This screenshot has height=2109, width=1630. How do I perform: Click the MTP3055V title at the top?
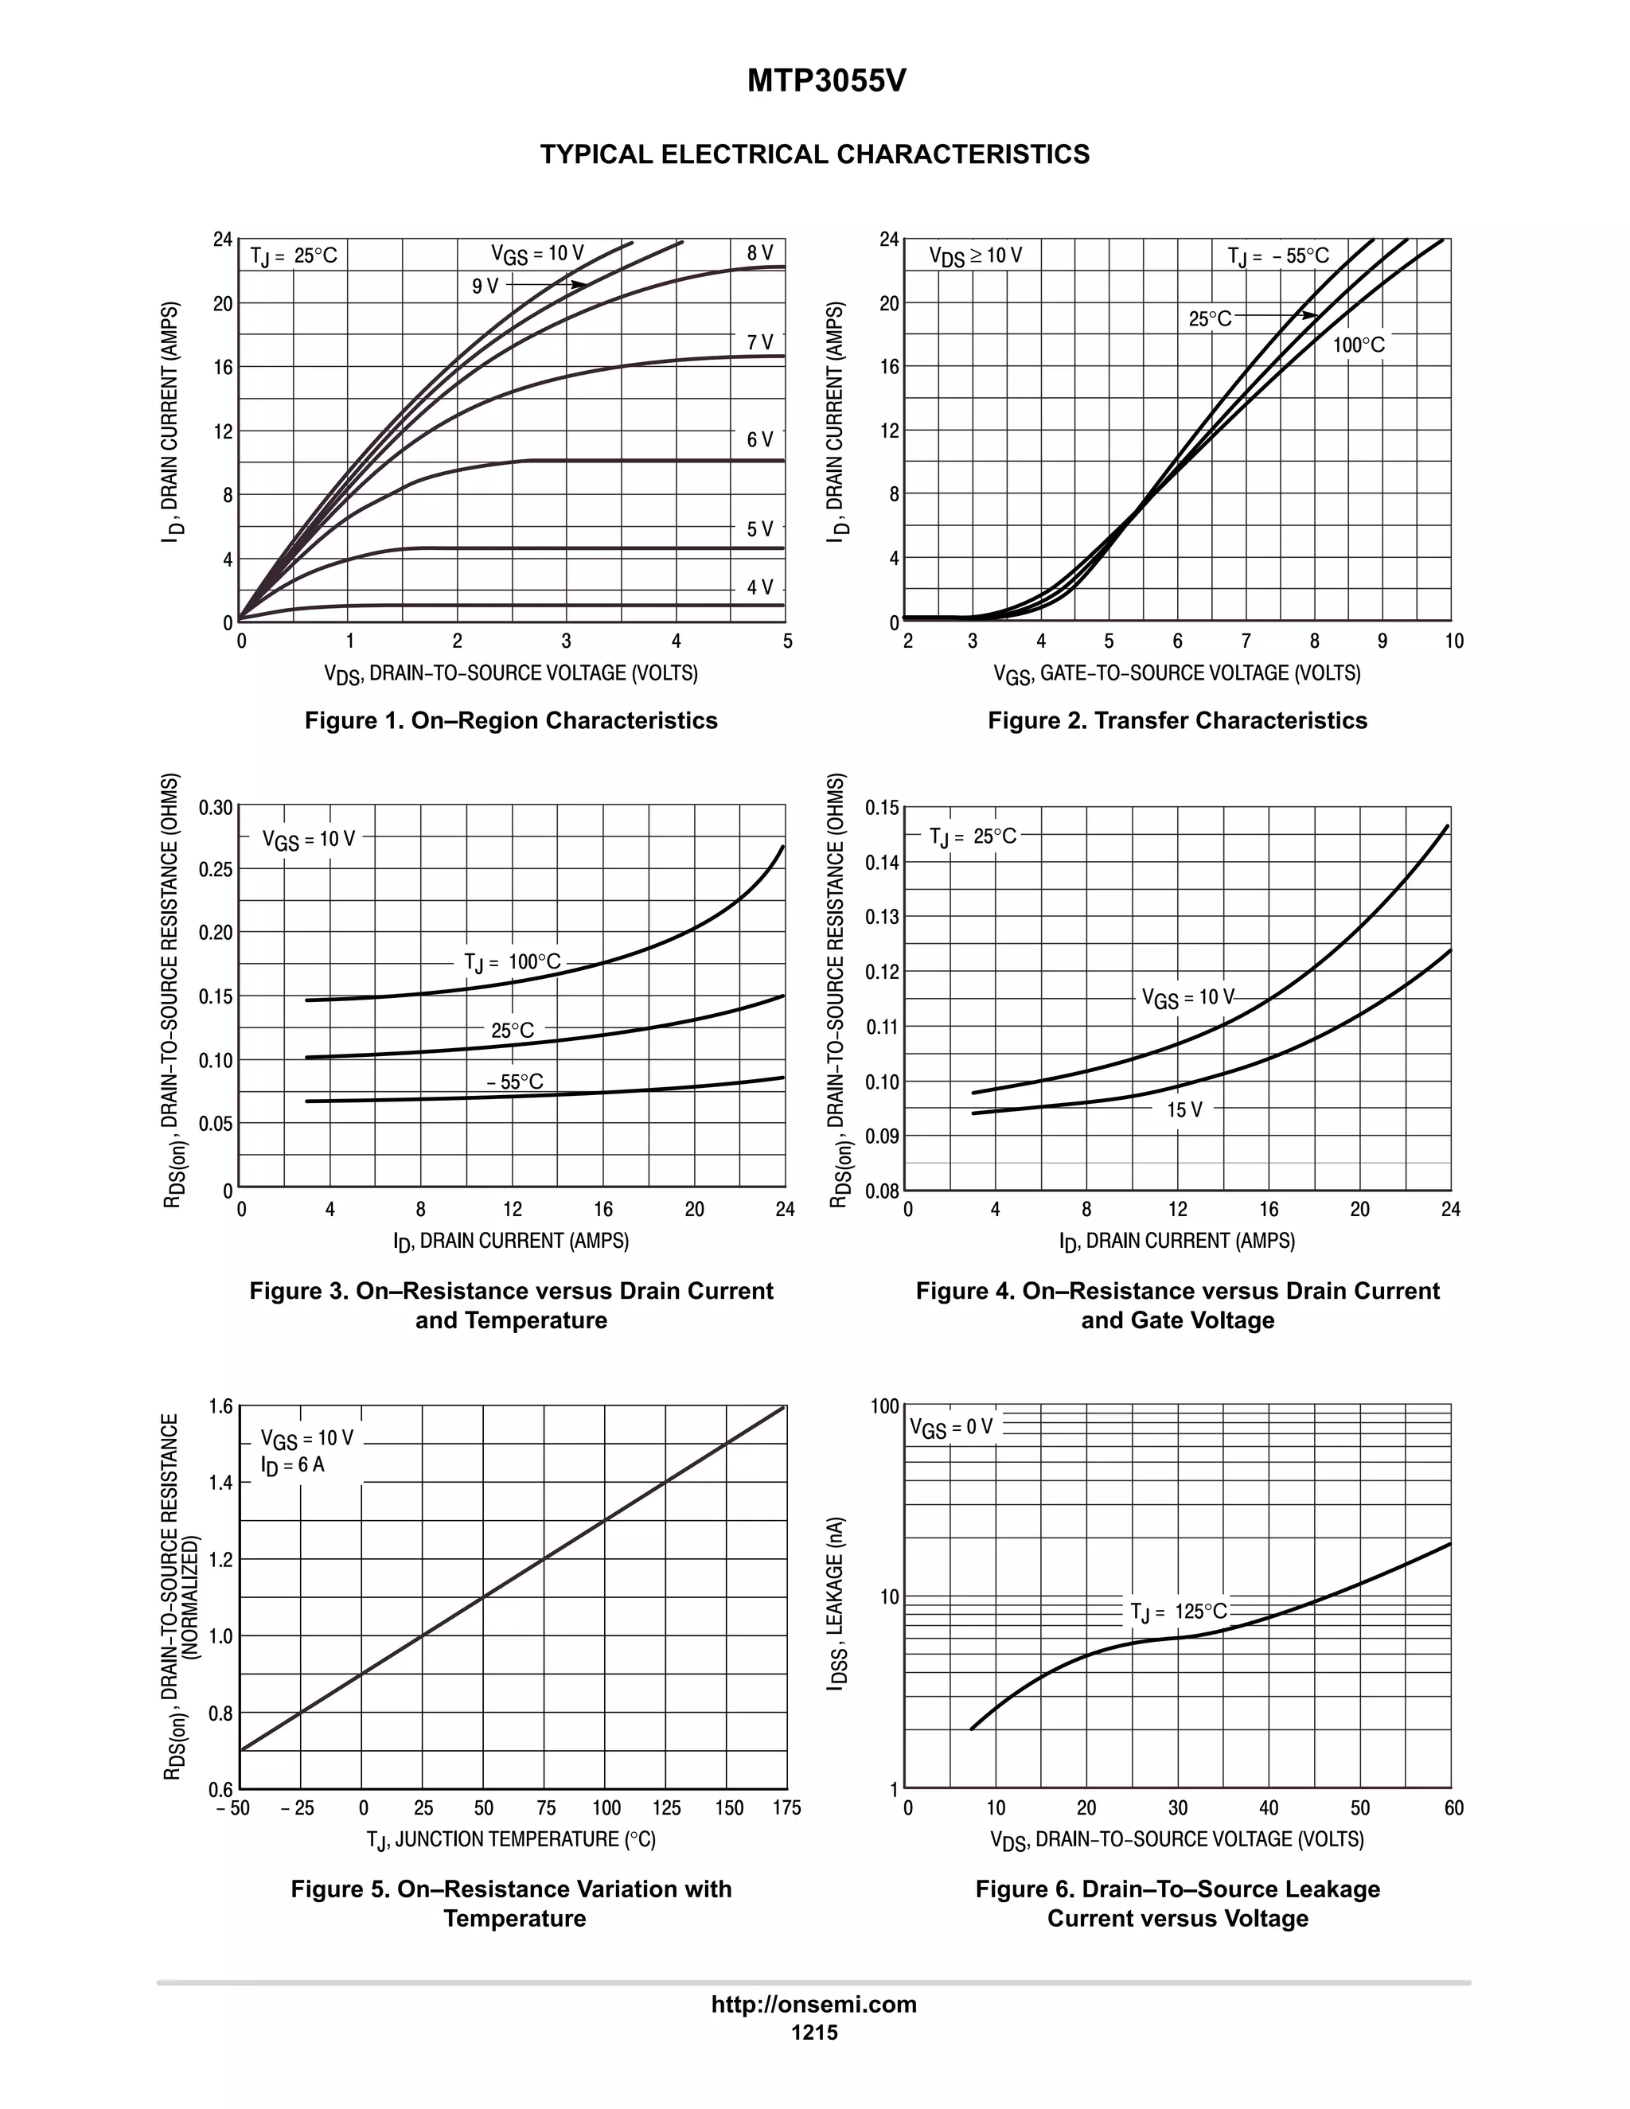pyautogui.click(x=827, y=82)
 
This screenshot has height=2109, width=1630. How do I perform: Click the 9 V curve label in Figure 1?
pyautogui.click(x=485, y=287)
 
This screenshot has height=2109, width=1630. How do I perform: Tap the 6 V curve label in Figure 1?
pyautogui.click(x=760, y=440)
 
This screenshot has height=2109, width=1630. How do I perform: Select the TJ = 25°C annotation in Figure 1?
pyautogui.click(x=294, y=256)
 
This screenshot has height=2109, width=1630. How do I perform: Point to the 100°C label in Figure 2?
pyautogui.click(x=1359, y=345)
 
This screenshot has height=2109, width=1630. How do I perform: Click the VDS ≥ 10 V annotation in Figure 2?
pyautogui.click(x=975, y=256)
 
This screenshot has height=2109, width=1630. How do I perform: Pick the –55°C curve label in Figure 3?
pyautogui.click(x=516, y=1082)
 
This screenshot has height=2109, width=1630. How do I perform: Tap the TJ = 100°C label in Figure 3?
pyautogui.click(x=512, y=963)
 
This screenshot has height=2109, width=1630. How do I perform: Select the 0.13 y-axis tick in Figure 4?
pyautogui.click(x=882, y=916)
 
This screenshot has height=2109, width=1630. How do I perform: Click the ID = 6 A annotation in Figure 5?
pyautogui.click(x=293, y=1466)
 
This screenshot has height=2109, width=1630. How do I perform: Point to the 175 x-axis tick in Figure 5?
pyautogui.click(x=786, y=1807)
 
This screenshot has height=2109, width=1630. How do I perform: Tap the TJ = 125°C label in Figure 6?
pyautogui.click(x=1178, y=1612)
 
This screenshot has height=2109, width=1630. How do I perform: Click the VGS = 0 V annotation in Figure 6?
pyautogui.click(x=951, y=1427)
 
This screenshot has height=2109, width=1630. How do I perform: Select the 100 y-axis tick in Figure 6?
pyautogui.click(x=883, y=1406)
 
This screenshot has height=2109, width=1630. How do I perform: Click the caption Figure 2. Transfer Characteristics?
pyautogui.click(x=1177, y=720)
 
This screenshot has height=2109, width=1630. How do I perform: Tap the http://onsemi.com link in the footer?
pyautogui.click(x=814, y=2005)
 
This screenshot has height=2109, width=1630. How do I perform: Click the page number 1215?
pyautogui.click(x=814, y=2033)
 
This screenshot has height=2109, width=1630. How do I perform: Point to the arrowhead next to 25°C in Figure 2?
pyautogui.click(x=1309, y=316)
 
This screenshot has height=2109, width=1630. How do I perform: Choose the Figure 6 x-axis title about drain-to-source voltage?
pyautogui.click(x=1177, y=1839)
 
